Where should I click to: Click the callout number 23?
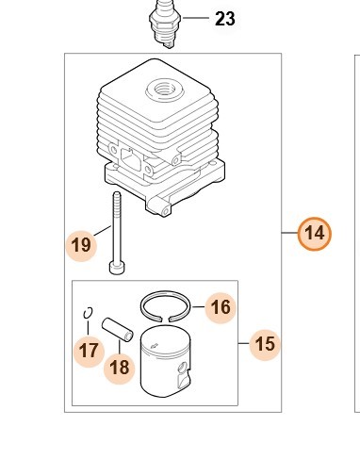click(225, 19)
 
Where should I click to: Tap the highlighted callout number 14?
click(315, 234)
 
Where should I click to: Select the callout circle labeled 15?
click(265, 344)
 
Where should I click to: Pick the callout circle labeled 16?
click(221, 307)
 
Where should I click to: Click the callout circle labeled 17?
click(89, 351)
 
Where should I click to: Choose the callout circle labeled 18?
click(120, 368)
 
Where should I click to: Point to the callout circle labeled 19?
click(81, 245)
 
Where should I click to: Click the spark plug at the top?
click(165, 24)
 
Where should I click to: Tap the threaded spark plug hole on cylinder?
click(165, 90)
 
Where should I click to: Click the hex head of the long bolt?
click(117, 268)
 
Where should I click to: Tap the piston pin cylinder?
click(118, 330)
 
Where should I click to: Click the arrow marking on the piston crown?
click(155, 347)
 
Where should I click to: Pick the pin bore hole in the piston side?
click(183, 367)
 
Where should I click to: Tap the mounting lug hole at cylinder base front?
click(165, 212)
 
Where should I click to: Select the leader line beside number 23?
click(195, 18)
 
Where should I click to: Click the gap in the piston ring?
click(166, 320)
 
